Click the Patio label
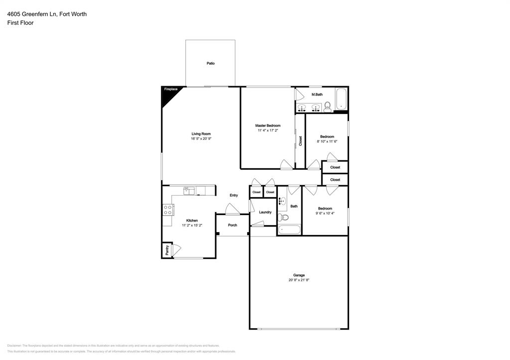click(211, 63)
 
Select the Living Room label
click(201, 133)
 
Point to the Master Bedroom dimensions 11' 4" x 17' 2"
click(268, 130)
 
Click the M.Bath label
click(317, 95)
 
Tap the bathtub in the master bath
click(341, 99)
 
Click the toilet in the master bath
click(328, 106)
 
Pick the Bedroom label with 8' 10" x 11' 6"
click(327, 136)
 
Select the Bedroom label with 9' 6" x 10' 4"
click(325, 208)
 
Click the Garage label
click(299, 275)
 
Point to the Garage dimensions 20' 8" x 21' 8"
click(299, 280)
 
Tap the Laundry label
click(265, 212)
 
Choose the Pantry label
click(167, 250)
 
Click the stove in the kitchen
click(168, 210)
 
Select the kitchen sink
click(189, 190)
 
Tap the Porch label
click(233, 225)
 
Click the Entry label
click(234, 195)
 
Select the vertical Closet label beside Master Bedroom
click(300, 141)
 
